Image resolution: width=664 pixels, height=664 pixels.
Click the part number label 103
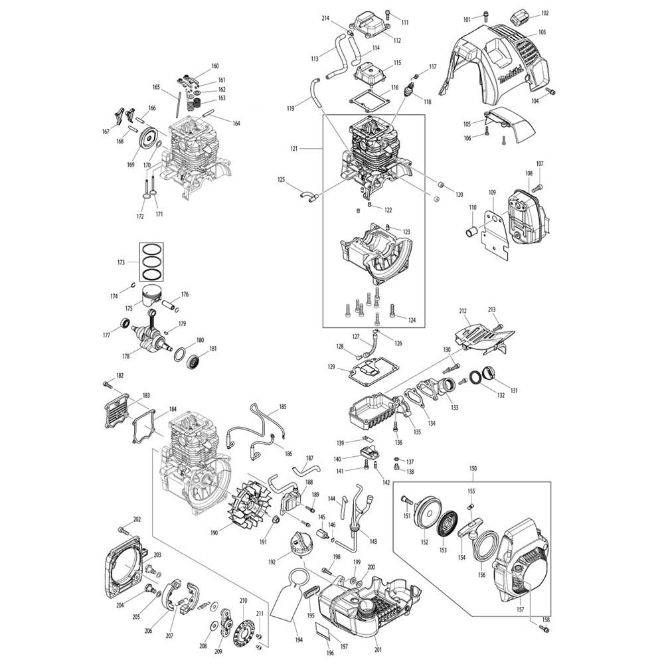click(542, 32)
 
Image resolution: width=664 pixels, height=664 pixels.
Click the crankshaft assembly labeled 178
click(153, 333)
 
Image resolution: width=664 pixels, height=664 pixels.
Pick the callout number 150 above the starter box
click(473, 468)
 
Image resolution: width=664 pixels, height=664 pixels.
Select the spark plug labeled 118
click(410, 90)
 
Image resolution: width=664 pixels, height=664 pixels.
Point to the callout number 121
click(294, 149)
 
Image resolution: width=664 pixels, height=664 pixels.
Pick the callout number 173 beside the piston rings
click(121, 262)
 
